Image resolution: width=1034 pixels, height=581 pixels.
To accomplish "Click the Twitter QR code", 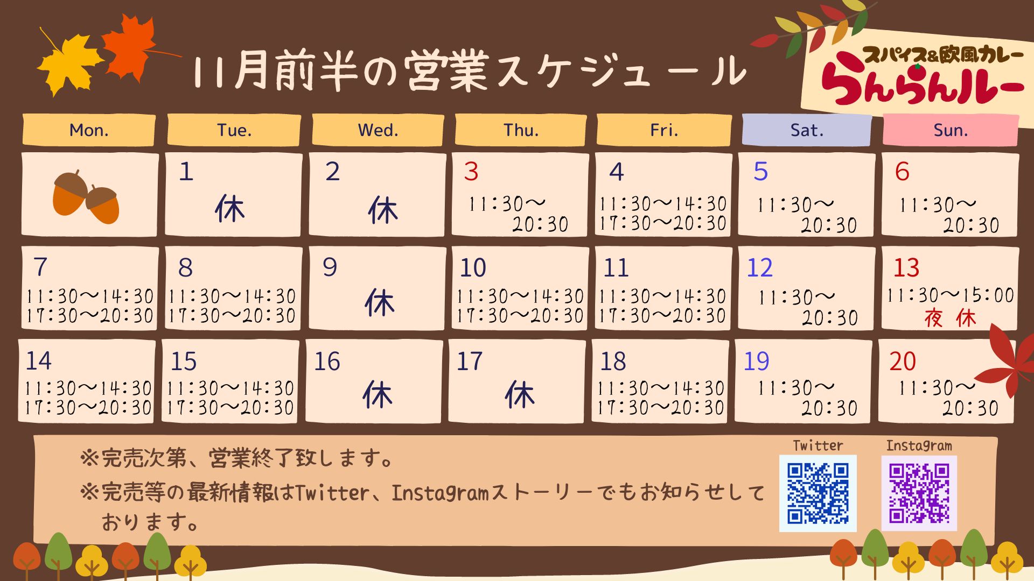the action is tap(818, 493).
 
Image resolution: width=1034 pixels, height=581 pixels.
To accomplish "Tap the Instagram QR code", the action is tap(919, 493).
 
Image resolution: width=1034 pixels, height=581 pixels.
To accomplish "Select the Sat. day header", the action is tap(806, 130).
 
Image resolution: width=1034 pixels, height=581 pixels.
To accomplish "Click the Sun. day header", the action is tap(951, 130).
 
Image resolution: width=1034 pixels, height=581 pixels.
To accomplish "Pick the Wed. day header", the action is tap(378, 130).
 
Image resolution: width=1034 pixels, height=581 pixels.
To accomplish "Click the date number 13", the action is tap(906, 268).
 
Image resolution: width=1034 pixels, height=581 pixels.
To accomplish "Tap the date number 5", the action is tap(760, 172).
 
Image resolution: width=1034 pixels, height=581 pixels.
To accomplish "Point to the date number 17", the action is tap(470, 361).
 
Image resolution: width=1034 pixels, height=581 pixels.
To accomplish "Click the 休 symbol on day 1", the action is tap(230, 209).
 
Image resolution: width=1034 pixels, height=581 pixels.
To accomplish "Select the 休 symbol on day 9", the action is tap(380, 302).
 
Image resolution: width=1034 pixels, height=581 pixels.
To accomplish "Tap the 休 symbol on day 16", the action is tap(378, 395).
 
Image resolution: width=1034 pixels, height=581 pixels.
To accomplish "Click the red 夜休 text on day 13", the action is tap(950, 318).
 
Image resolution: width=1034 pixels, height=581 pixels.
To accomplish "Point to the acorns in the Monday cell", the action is tap(86, 197).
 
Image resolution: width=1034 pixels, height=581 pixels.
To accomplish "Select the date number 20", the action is tap(903, 361).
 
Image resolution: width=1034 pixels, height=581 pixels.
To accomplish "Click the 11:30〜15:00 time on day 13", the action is tap(950, 295).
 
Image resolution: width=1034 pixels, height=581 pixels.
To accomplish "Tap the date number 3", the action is tap(471, 172).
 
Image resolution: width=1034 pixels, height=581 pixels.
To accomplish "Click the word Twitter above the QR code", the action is tap(818, 445).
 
